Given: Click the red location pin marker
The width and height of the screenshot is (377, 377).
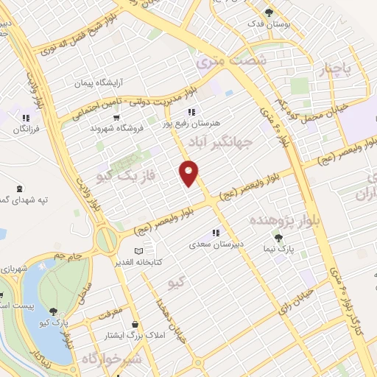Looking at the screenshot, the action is [189, 173].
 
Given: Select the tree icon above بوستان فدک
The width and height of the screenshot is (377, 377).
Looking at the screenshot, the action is [269, 12].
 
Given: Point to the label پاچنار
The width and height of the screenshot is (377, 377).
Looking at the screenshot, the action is [341, 69].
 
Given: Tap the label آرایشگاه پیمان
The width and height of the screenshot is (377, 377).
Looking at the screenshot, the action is [99, 82].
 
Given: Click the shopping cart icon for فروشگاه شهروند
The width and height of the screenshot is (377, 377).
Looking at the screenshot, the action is [116, 116].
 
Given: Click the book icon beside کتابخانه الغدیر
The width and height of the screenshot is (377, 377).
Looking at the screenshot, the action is [150, 251].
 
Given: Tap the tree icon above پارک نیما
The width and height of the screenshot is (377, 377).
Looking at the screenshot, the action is [278, 237].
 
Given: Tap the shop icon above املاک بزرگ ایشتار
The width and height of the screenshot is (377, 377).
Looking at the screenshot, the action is [134, 324].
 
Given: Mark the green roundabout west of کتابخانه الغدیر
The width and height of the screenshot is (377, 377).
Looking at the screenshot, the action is [105, 238].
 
